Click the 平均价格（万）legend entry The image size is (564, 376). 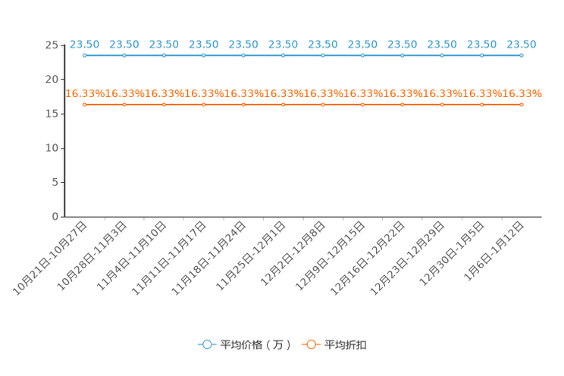(x=244, y=345)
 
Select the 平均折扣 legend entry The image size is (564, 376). (x=334, y=345)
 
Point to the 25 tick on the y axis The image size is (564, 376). (x=52, y=45)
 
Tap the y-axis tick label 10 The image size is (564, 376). (x=52, y=148)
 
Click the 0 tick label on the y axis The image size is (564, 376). (x=55, y=217)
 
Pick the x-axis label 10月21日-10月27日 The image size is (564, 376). (x=50, y=258)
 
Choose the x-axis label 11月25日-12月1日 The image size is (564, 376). (x=251, y=255)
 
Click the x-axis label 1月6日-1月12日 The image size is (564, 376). (x=493, y=251)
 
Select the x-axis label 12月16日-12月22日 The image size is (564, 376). (x=368, y=258)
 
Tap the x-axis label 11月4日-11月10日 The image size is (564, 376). (x=132, y=255)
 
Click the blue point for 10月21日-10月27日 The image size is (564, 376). (x=85, y=55)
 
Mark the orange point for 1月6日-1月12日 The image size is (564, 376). (x=522, y=105)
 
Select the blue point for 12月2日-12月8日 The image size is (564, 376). (x=323, y=55)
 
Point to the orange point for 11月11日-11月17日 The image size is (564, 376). (x=204, y=105)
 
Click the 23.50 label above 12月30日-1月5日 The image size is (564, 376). (x=481, y=45)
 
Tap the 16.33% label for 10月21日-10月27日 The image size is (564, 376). (x=85, y=93)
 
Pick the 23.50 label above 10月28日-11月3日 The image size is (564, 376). (x=124, y=45)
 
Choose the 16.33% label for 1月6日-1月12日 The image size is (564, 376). (x=522, y=93)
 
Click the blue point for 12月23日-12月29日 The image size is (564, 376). (x=442, y=55)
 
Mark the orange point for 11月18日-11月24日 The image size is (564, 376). (x=243, y=105)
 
